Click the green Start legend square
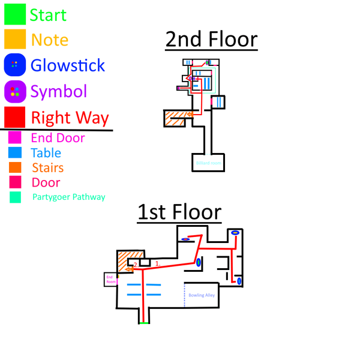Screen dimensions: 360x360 [x=14, y=14]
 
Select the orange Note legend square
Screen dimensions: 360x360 [x=14, y=39]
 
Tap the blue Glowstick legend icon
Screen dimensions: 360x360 [x=14, y=65]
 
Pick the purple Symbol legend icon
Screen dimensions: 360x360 [x=14, y=91]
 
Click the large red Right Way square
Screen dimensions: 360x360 [x=14, y=117]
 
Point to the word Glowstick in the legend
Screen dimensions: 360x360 [x=67, y=65]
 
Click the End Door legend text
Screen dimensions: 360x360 [x=58, y=138]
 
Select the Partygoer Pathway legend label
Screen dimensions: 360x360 [x=69, y=197]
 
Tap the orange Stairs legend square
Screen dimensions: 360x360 [x=15, y=167]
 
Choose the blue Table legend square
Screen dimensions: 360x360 [x=15, y=152]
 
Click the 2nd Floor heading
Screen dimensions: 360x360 [x=211, y=40]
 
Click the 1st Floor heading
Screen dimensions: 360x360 [x=179, y=212]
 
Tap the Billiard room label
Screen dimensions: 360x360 [x=208, y=163]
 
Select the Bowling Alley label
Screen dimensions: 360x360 [x=202, y=295]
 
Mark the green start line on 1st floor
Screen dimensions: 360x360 [x=143, y=323]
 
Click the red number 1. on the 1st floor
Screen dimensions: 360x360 [x=158, y=263]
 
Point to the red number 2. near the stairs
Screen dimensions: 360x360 [x=136, y=264]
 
